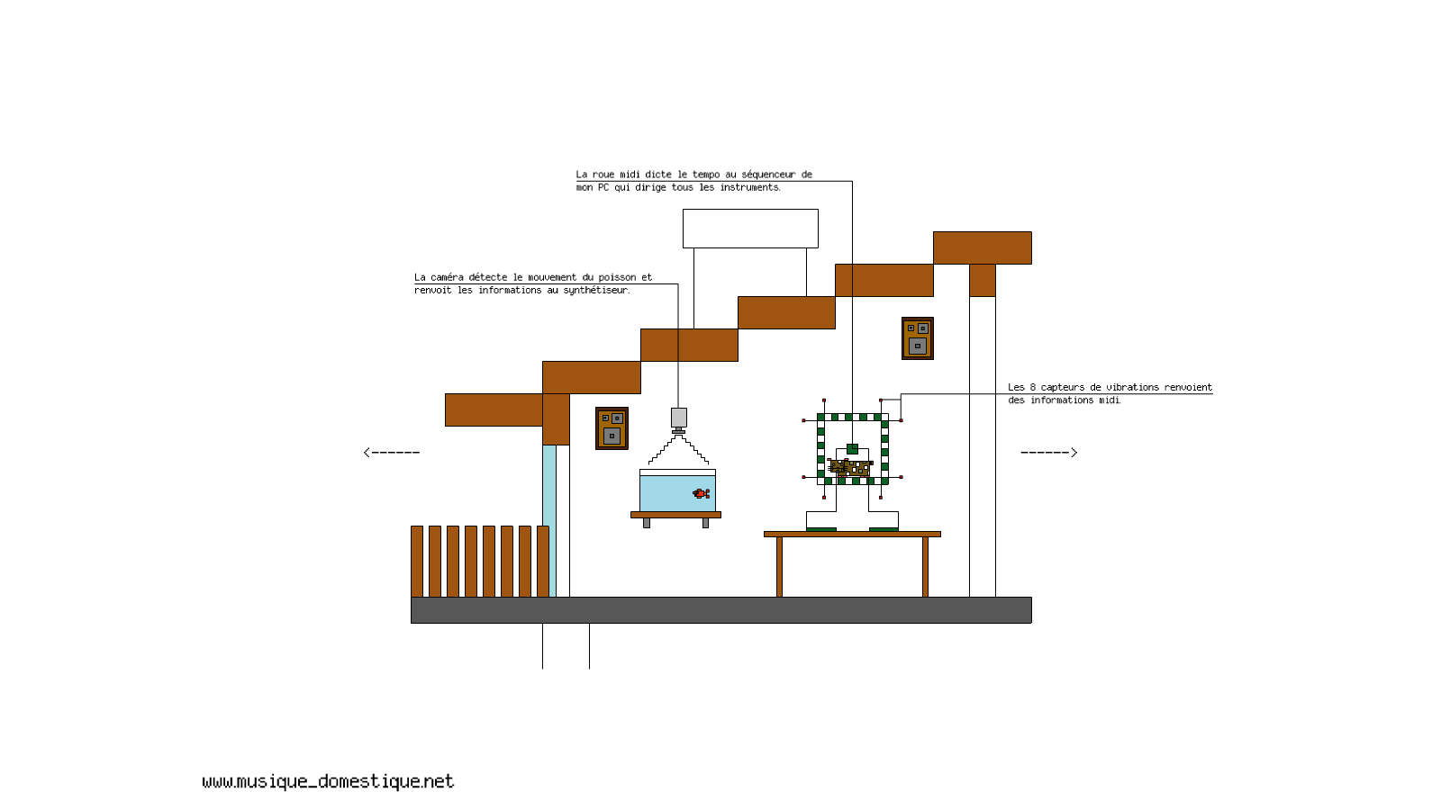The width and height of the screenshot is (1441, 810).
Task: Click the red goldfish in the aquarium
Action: (x=701, y=493)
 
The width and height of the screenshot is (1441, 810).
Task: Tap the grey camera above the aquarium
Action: (x=678, y=418)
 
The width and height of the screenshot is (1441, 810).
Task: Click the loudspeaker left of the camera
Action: (x=612, y=428)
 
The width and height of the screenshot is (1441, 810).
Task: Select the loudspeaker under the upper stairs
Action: (x=917, y=338)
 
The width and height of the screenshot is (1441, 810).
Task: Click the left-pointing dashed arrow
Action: (x=391, y=452)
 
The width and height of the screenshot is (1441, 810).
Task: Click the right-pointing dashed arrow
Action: (x=1049, y=452)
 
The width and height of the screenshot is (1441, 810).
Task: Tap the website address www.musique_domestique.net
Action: (x=328, y=781)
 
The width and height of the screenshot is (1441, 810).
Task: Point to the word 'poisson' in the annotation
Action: (x=617, y=277)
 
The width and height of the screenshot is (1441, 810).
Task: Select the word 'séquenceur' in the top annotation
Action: (x=768, y=175)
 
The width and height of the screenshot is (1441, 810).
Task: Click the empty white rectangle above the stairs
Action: (x=750, y=229)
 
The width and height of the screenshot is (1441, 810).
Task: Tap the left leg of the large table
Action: (x=779, y=566)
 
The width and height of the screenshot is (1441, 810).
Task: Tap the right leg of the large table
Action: (x=925, y=566)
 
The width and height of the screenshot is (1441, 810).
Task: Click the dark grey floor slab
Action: (x=720, y=609)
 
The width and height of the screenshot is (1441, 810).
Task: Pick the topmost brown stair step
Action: (x=982, y=247)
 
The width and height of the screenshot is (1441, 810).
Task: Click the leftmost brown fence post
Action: (x=416, y=561)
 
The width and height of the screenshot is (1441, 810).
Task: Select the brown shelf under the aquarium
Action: (x=675, y=515)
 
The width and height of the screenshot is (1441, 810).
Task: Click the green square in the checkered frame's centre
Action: (x=852, y=448)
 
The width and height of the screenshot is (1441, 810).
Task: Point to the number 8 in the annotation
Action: (x=1032, y=387)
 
